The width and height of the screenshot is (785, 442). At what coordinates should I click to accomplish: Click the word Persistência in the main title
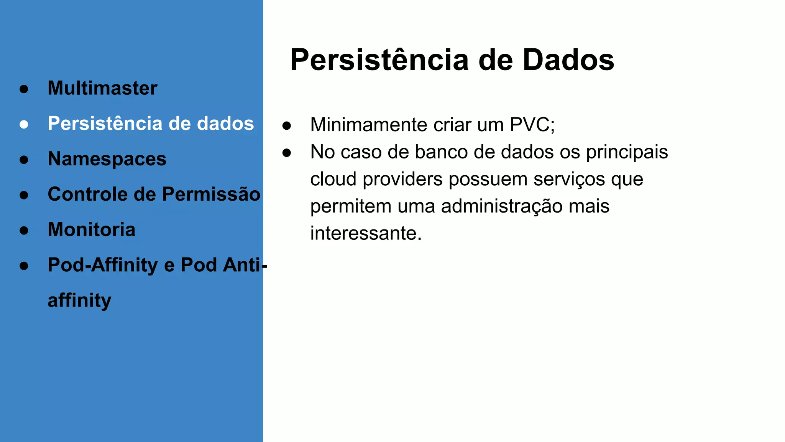[x=379, y=60]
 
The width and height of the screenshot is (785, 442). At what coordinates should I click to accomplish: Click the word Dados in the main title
[x=568, y=60]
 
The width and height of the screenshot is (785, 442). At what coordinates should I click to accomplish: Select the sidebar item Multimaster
[x=102, y=88]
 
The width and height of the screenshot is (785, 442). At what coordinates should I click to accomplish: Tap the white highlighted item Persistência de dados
[x=151, y=124]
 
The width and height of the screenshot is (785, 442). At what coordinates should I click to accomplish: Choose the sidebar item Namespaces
[x=107, y=159]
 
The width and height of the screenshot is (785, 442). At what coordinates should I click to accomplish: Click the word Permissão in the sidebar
[x=211, y=194]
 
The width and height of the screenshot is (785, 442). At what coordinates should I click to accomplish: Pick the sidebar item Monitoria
[x=92, y=229]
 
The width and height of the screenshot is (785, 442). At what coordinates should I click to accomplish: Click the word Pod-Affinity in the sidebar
[x=102, y=265]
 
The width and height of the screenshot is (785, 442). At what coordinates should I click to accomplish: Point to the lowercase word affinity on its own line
[x=79, y=300]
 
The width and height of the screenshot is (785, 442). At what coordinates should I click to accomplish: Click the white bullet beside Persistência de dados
[x=24, y=124]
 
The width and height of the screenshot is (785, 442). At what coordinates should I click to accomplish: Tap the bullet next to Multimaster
[x=24, y=89]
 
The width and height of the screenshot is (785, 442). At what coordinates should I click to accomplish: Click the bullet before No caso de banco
[x=287, y=153]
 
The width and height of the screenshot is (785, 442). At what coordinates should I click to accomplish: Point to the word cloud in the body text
[x=333, y=179]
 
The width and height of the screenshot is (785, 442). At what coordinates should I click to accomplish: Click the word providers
[x=402, y=179]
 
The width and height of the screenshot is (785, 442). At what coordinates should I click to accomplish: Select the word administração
[x=502, y=206]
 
